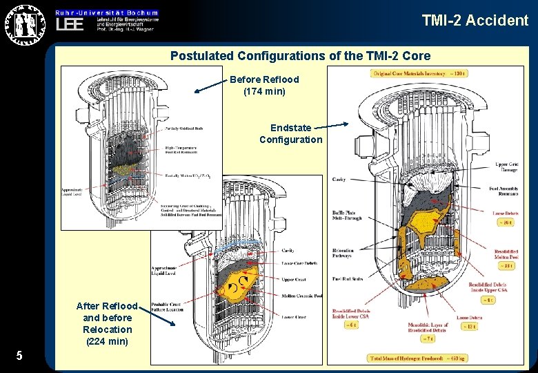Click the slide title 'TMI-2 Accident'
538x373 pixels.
click(475, 20)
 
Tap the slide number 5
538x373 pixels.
click(19, 356)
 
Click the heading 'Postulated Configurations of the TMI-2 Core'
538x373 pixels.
click(300, 56)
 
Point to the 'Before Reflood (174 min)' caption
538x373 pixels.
click(264, 85)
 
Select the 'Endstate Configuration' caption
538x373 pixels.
click(290, 134)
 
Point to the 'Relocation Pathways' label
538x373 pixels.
click(343, 254)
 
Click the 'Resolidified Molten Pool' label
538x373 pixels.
click(510, 254)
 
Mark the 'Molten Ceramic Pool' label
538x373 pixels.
click(302, 296)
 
